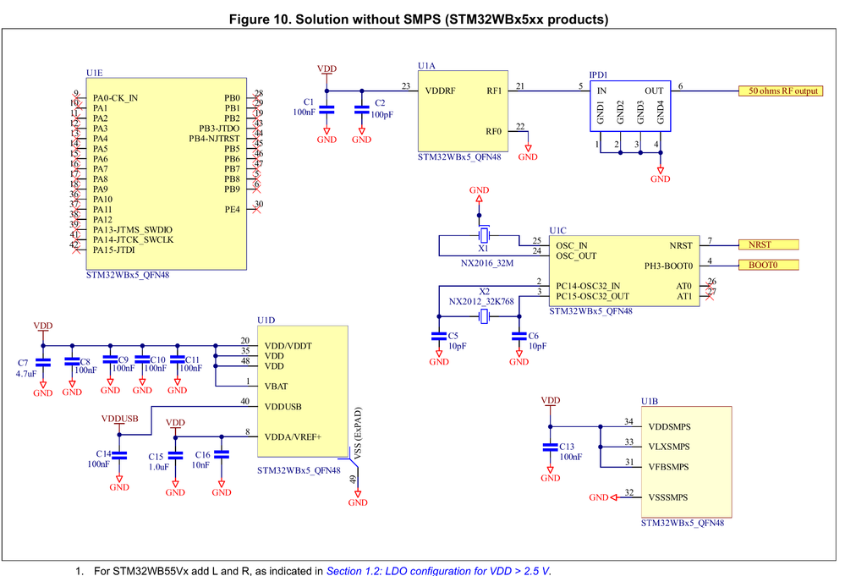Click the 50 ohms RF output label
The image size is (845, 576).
[x=780, y=91]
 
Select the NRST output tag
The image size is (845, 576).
[x=768, y=244]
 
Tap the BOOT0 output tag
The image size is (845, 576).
[x=768, y=265]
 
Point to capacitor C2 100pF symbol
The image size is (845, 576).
[x=361, y=109]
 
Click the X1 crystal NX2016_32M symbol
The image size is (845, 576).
[x=484, y=234]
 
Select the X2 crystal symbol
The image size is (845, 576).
[x=484, y=317]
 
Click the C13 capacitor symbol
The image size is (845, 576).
[x=550, y=447]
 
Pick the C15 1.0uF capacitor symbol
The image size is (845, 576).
[x=175, y=455]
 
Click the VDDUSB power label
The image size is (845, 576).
[x=119, y=419]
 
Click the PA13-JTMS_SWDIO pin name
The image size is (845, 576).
[x=133, y=229]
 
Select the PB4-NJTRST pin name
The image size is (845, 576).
[x=215, y=139]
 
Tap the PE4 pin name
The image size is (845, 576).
[x=233, y=208]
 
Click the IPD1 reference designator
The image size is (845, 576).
[x=599, y=74]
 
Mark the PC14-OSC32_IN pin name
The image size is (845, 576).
[x=588, y=286]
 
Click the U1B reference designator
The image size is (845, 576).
[x=650, y=400]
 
